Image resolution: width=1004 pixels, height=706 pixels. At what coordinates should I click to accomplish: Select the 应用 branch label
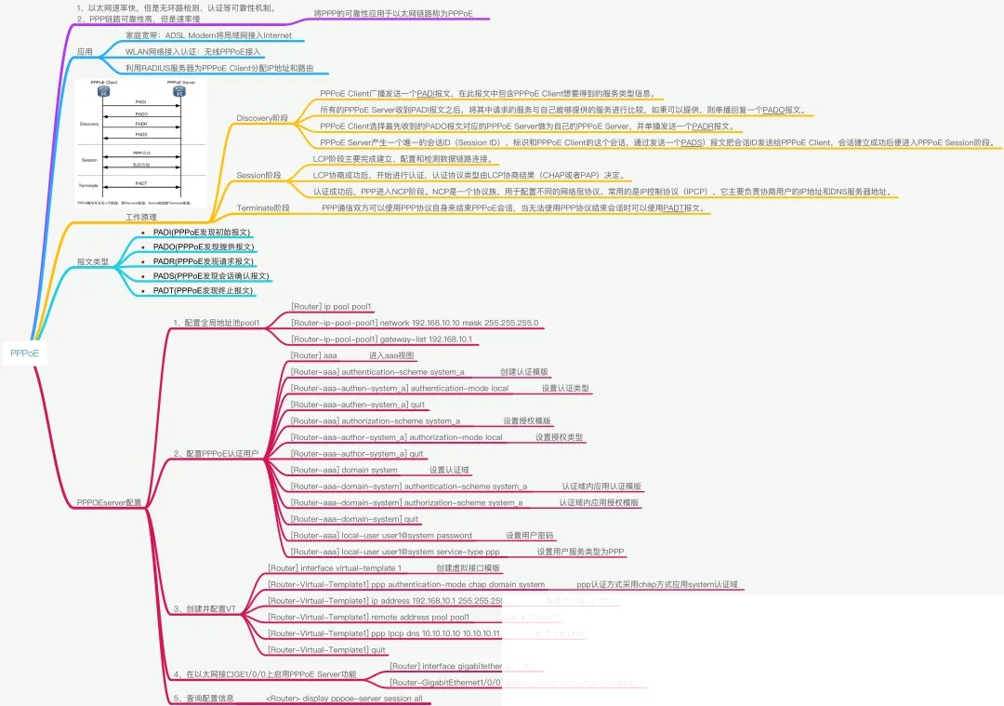[x=85, y=52]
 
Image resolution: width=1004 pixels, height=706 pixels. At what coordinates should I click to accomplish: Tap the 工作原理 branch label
[x=140, y=217]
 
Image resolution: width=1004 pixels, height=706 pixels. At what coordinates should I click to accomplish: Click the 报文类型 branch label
[x=93, y=262]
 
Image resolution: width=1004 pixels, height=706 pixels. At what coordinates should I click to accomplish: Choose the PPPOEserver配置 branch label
[x=110, y=502]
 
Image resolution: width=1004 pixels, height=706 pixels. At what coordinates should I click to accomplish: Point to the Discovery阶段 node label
[x=262, y=119]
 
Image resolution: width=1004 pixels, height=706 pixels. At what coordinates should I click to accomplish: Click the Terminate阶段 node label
[x=263, y=208]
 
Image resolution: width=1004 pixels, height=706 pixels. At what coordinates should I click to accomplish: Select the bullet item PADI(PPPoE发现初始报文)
[x=202, y=232]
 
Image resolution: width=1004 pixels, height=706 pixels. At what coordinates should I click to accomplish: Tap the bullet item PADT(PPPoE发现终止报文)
[x=203, y=291]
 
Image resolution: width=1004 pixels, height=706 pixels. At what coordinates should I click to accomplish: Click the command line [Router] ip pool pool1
[x=332, y=306]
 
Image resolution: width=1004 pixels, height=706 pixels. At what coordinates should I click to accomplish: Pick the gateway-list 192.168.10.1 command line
[x=382, y=340]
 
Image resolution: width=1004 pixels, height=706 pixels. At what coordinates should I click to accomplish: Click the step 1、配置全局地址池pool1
[x=216, y=323]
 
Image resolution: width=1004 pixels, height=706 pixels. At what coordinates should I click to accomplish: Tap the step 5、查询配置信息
[x=203, y=698]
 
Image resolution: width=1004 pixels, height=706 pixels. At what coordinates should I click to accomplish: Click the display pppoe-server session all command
[x=344, y=698]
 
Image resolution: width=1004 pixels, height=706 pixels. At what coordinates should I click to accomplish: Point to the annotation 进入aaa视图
[x=391, y=355]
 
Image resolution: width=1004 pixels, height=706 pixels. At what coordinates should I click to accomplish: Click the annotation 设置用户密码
[x=530, y=536]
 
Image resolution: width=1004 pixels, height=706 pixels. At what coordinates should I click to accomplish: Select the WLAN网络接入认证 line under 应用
[x=193, y=52]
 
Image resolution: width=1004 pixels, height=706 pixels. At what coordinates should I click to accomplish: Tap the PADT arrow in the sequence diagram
[x=141, y=186]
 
